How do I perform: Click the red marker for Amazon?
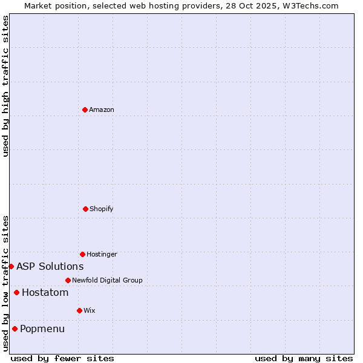85,110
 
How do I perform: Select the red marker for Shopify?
85,209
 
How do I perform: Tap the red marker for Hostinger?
82,254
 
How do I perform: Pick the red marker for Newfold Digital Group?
68,280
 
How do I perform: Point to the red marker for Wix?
79,310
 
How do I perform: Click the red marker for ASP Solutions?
11,266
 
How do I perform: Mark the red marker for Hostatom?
16,293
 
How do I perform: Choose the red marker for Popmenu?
15,329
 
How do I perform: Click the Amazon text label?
102,110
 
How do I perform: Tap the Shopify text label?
102,209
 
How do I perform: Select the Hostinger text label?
102,254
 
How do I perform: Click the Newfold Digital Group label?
107,280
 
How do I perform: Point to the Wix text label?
90,310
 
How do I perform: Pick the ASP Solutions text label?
50,266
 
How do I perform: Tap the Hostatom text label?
45,293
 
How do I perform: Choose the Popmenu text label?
42,329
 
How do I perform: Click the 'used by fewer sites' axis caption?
62,358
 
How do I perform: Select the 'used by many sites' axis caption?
304,358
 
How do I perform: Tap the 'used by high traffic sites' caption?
5,86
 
